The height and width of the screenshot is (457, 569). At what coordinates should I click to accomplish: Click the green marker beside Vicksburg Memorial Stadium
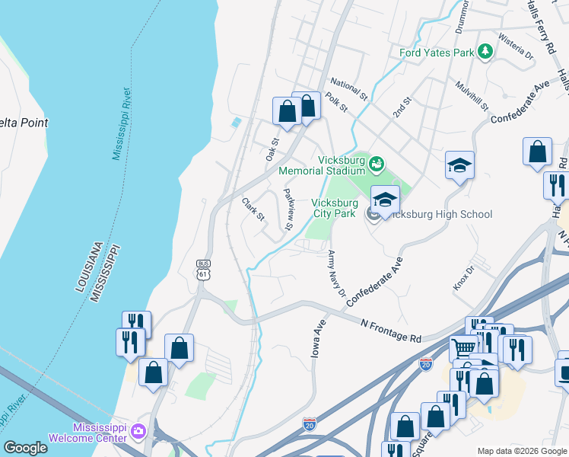pyautogui.click(x=377, y=164)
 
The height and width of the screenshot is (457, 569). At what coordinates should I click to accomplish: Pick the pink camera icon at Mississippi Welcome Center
pyautogui.click(x=138, y=432)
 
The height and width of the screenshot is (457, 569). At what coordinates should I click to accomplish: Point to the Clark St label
pyautogui.click(x=253, y=209)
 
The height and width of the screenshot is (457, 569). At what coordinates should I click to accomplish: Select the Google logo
pyautogui.click(x=25, y=448)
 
